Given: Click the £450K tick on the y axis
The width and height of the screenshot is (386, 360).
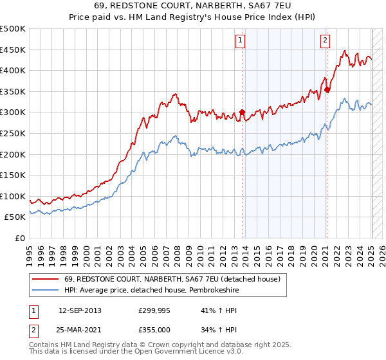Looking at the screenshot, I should pos(13,50).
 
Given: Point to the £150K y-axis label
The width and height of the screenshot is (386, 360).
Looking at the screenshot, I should pos(13,175).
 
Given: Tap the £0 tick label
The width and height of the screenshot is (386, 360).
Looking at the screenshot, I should pos(21,238).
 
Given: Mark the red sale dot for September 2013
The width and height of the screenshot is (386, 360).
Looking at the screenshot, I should pos(243,113).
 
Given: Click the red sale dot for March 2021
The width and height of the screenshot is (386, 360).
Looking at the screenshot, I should pos(327,89).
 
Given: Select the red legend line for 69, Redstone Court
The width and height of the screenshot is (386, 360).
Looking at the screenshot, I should pos(44,280).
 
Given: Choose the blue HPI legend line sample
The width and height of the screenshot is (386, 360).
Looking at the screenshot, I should pos(44,291).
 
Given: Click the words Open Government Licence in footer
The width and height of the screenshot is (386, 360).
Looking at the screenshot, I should pos(183,352).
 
